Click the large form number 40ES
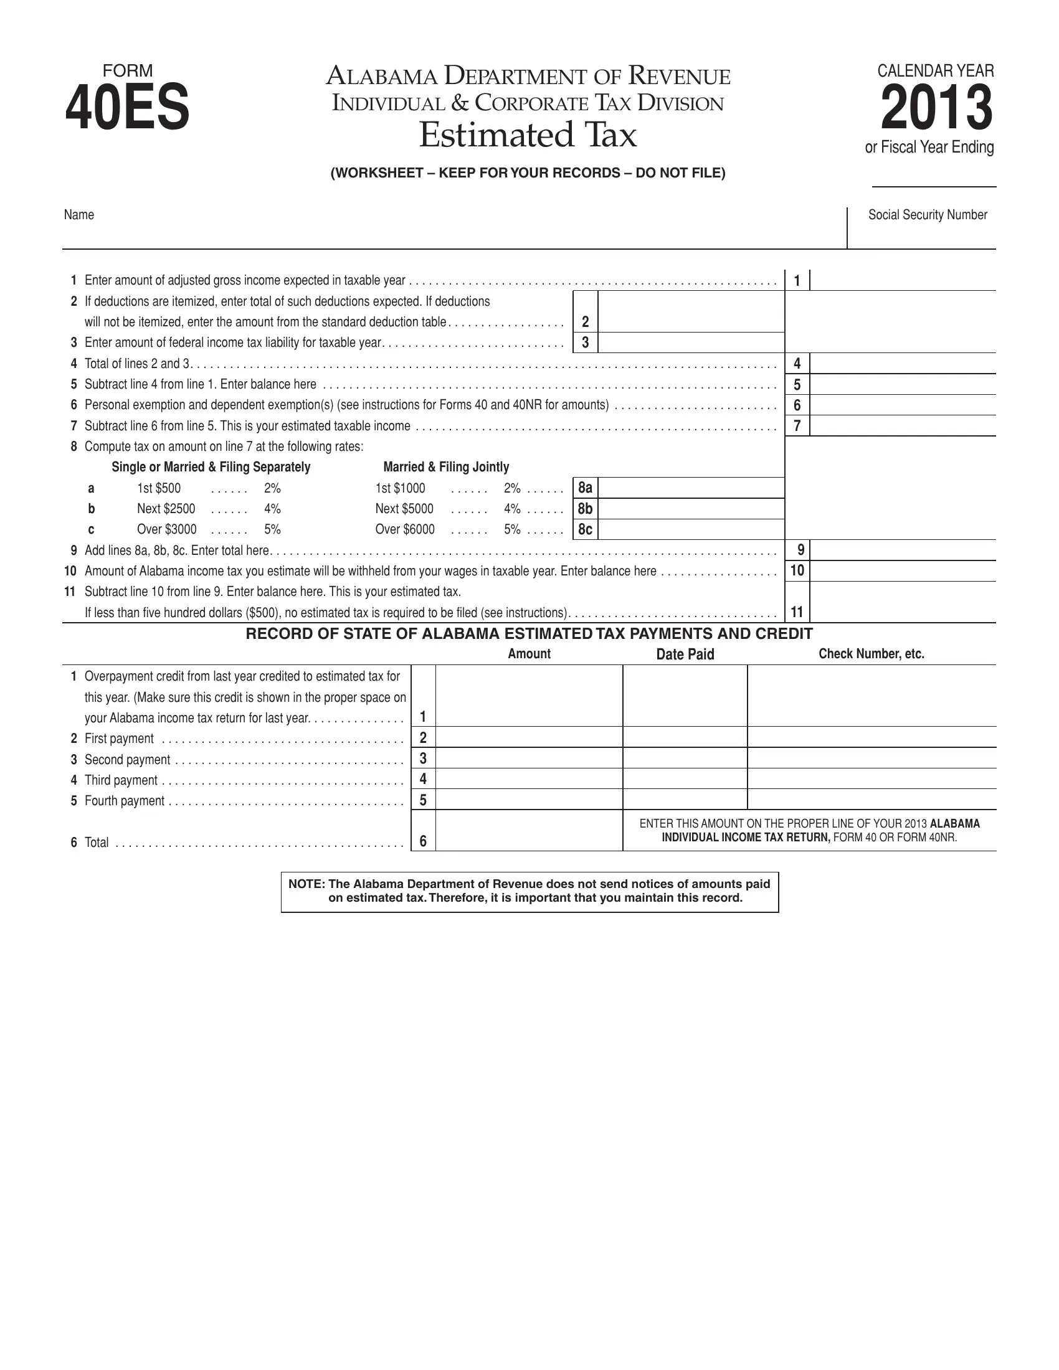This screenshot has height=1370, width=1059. [127, 108]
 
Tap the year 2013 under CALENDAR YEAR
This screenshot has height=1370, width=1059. [936, 108]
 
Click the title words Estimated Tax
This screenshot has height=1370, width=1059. [528, 135]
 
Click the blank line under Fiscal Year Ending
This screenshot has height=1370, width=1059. [934, 179]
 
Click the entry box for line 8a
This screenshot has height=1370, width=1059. [691, 488]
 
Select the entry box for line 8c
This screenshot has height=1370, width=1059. [691, 529]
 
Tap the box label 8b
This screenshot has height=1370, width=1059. [585, 509]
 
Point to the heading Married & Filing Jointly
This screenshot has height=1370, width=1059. [446, 466]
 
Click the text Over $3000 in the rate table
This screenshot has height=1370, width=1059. [167, 529]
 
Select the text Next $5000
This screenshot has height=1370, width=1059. [404, 509]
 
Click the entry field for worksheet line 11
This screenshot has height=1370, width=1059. [902, 602]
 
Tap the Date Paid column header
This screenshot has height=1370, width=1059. [685, 654]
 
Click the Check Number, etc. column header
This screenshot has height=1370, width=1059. [871, 654]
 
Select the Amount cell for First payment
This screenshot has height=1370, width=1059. [529, 737]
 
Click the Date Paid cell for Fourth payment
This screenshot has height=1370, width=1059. [685, 799]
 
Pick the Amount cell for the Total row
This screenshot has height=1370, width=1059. [529, 831]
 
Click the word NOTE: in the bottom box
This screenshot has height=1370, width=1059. [306, 884]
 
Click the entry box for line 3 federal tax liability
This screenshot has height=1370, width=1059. [691, 342]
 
